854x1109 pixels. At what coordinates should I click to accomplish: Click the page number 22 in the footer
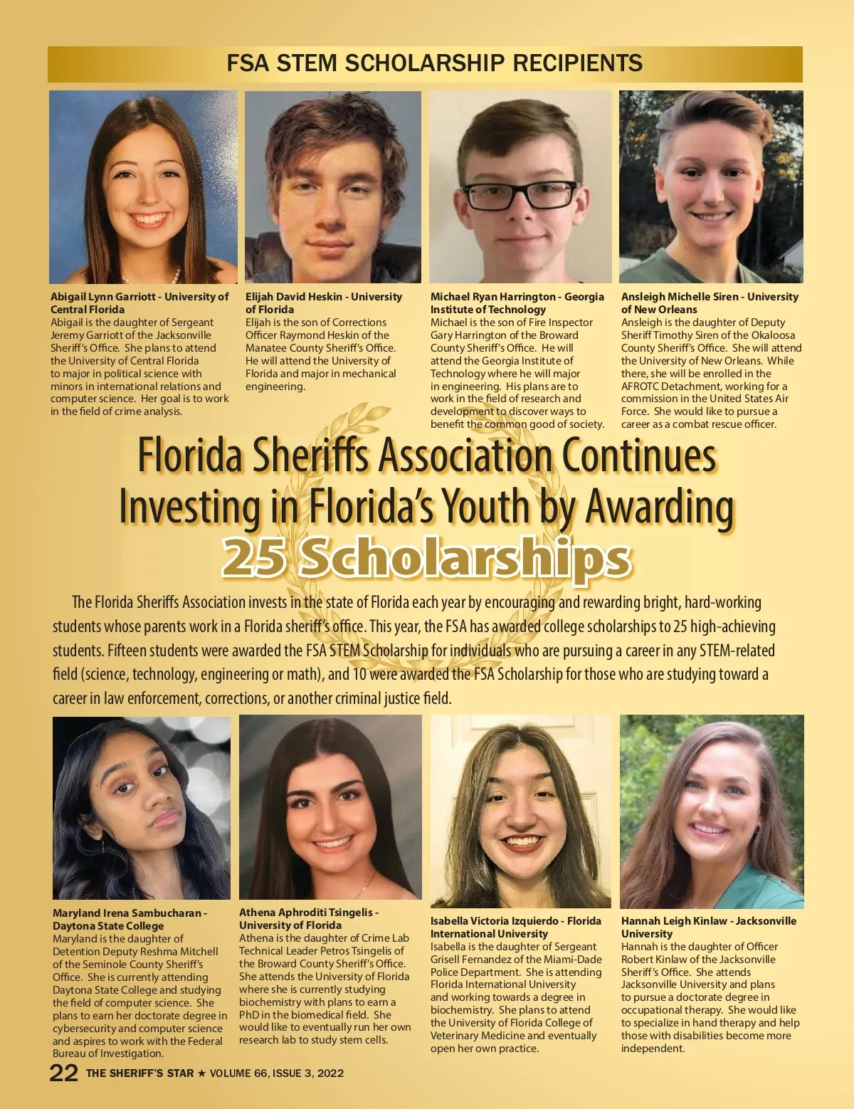(63, 1073)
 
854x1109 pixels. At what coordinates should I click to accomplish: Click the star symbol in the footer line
(201, 1073)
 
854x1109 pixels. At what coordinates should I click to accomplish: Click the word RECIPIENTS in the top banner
(577, 63)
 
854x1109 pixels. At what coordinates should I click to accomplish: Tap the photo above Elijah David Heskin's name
(332, 187)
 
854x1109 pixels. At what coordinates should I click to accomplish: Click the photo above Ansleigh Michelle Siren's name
(710, 187)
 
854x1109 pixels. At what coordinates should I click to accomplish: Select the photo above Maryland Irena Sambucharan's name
(141, 808)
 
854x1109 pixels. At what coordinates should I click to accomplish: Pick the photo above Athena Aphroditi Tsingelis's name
(330, 807)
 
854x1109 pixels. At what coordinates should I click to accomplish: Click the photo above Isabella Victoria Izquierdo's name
(520, 811)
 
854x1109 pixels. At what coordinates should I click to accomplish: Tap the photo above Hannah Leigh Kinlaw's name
(712, 811)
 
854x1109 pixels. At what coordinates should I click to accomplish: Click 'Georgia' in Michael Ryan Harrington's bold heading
(584, 297)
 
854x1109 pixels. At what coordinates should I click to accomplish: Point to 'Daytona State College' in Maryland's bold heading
(108, 926)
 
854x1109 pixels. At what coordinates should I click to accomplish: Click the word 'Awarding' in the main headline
(659, 507)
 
